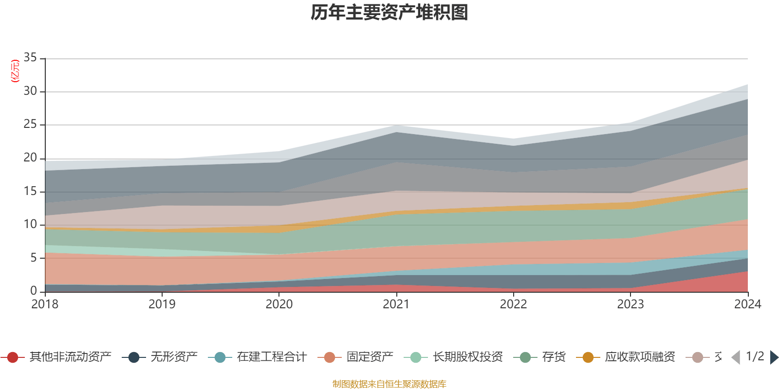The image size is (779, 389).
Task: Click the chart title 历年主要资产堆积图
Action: pyautogui.click(x=389, y=13)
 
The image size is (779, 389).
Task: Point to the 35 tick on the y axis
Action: pyautogui.click(x=30, y=58)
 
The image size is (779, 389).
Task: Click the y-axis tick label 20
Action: pyautogui.click(x=30, y=158)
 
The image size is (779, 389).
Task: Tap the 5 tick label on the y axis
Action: pyautogui.click(x=34, y=258)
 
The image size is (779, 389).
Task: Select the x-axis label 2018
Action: pyautogui.click(x=45, y=304)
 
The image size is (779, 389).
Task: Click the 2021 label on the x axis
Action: pyautogui.click(x=396, y=304)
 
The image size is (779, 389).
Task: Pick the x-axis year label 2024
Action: pyautogui.click(x=747, y=304)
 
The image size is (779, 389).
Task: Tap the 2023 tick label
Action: pyautogui.click(x=631, y=304)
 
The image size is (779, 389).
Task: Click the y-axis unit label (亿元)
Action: pyautogui.click(x=15, y=71)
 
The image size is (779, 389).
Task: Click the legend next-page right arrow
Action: pyautogui.click(x=774, y=357)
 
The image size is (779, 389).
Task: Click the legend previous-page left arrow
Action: pyautogui.click(x=736, y=357)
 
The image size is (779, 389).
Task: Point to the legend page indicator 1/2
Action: pyautogui.click(x=755, y=356)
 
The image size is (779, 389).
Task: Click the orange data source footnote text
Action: pyautogui.click(x=389, y=384)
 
